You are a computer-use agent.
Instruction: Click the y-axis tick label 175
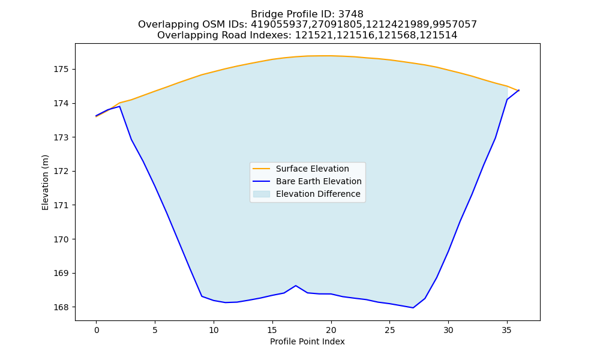(61, 69)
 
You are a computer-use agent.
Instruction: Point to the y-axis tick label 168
(61, 307)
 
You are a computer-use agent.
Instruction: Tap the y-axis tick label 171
(61, 205)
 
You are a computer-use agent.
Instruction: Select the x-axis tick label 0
(96, 331)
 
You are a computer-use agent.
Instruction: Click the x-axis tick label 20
(331, 331)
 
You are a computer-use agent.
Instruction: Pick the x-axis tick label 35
(507, 331)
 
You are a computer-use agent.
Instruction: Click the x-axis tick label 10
(214, 331)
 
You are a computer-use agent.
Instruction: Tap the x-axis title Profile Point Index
(307, 341)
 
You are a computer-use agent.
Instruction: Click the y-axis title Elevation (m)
(45, 182)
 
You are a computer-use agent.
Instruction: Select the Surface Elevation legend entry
(301, 169)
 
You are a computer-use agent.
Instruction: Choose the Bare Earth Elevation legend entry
(307, 181)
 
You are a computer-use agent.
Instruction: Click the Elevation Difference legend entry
(307, 194)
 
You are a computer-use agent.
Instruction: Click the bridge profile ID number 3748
(351, 14)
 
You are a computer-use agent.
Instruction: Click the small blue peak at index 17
(295, 286)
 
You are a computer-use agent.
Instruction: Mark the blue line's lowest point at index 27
(413, 308)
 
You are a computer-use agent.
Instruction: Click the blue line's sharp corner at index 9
(202, 296)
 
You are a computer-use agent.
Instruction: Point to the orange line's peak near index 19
(325, 56)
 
